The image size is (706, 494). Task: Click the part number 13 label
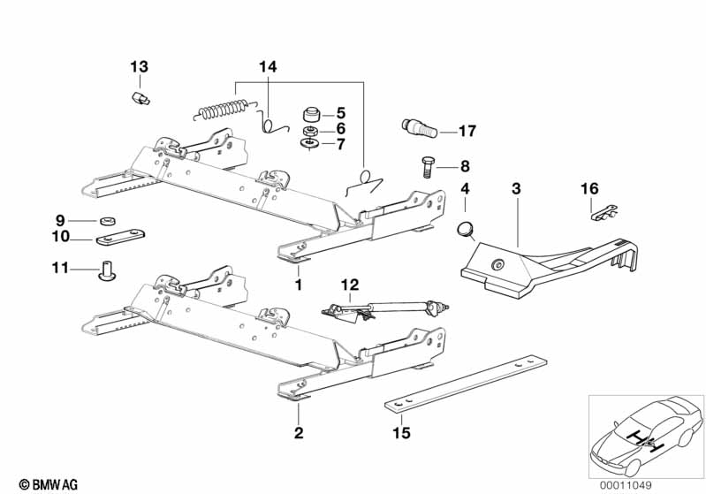coord(140,67)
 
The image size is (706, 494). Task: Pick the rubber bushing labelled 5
coord(312,114)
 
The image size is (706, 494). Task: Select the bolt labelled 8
coord(427,165)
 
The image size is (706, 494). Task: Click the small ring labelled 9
coord(109,221)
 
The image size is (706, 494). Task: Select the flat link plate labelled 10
coord(119,239)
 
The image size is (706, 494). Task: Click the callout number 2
coord(299,433)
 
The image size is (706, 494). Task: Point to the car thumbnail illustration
coord(645,433)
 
